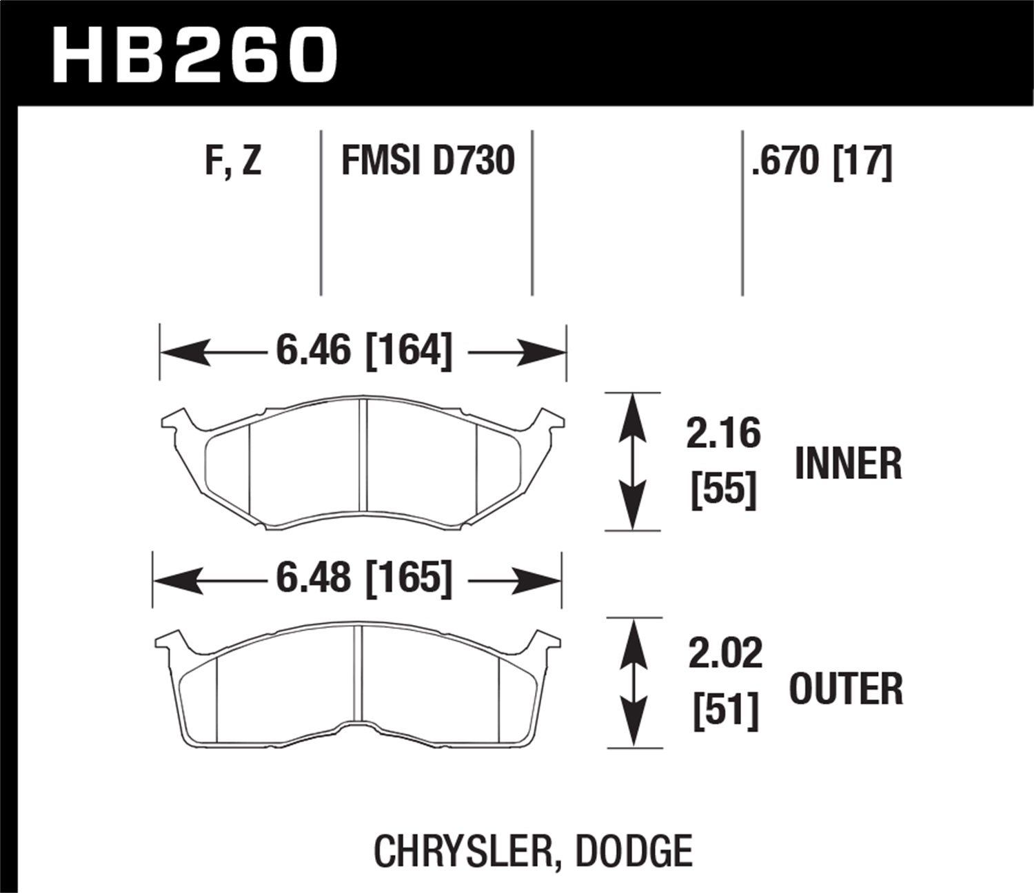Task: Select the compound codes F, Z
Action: (x=233, y=161)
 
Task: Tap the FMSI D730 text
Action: (x=428, y=161)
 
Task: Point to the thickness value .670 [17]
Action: (x=822, y=161)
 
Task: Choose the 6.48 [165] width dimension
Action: (x=364, y=577)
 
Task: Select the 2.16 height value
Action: (x=723, y=433)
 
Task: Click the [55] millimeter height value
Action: (x=723, y=489)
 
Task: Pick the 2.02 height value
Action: (x=725, y=653)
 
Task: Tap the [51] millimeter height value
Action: (x=725, y=710)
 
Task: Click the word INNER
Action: (x=848, y=464)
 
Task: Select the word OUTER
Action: (x=846, y=688)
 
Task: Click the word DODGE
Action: (x=633, y=851)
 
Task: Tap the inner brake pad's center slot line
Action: (x=364, y=454)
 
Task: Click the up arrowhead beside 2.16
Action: (x=632, y=413)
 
